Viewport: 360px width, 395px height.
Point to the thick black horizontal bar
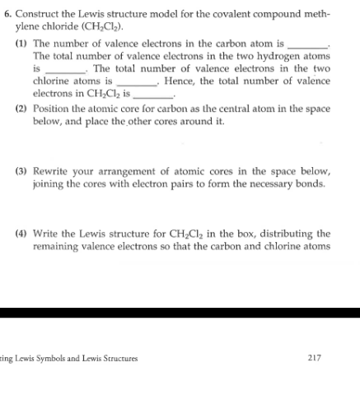point(180,313)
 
